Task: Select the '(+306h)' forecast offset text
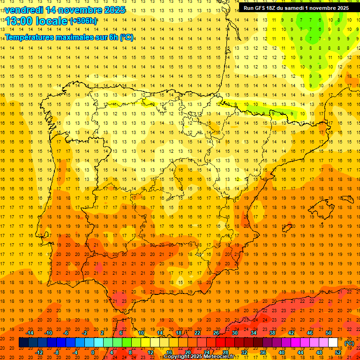point(83,21)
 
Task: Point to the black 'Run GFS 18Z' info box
point(296,8)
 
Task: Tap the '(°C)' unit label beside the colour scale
point(349,343)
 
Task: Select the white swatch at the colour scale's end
point(333,343)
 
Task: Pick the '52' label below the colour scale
point(338,352)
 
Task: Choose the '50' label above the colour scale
point(328,333)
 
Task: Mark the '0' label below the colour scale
point(93,352)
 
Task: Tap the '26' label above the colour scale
point(216,333)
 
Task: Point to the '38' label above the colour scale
point(272,333)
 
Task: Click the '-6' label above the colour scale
point(66,333)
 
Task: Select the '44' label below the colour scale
point(300,352)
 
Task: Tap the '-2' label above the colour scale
point(85,333)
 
